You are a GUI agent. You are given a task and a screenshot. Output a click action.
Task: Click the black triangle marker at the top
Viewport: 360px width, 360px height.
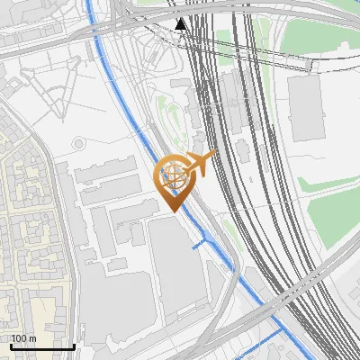coord(182,23)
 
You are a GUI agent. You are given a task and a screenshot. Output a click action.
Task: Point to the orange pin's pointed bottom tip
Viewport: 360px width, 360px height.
coord(174,210)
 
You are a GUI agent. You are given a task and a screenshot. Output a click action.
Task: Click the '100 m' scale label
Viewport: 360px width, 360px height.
coord(24,338)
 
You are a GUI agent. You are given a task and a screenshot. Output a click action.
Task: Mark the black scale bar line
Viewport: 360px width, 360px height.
coord(41,346)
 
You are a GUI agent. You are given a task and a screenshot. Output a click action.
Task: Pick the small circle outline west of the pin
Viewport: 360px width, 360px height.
coord(79,143)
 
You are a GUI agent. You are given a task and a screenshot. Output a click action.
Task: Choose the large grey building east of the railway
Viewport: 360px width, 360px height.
coord(305,109)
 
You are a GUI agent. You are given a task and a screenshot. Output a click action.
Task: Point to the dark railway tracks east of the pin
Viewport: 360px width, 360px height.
coord(252,180)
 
